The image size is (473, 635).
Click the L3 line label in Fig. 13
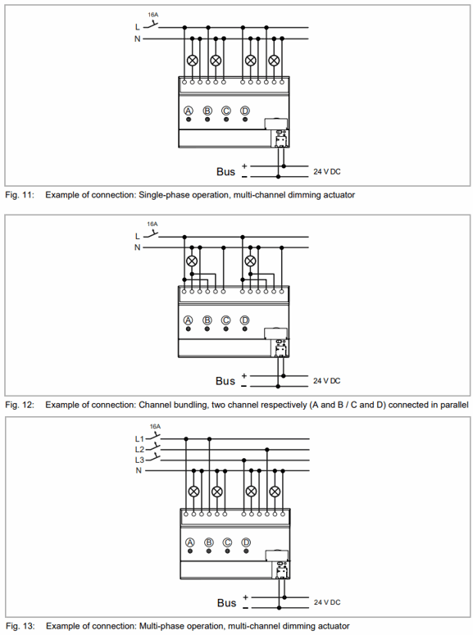click(x=139, y=460)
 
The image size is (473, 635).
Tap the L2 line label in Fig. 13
click(x=139, y=449)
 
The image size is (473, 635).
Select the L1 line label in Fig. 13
click(x=139, y=438)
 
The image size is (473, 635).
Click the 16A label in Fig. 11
click(x=152, y=15)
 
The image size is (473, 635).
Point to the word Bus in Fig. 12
click(x=225, y=381)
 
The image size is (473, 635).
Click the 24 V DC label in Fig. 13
click(x=327, y=602)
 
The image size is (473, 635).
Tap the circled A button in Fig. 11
click(x=189, y=111)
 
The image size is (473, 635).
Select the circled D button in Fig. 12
click(x=245, y=320)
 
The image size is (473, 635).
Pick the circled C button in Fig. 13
click(x=227, y=542)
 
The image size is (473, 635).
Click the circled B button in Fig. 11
click(x=207, y=111)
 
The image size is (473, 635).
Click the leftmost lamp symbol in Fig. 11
click(x=193, y=61)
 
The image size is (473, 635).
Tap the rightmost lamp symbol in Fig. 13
click(x=275, y=492)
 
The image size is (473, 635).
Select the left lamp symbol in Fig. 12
click(x=192, y=261)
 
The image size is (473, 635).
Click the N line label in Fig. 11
click(x=138, y=39)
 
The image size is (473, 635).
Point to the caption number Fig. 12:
click(x=20, y=405)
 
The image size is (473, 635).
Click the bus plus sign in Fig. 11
click(x=244, y=166)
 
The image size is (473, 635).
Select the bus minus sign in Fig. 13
click(x=245, y=608)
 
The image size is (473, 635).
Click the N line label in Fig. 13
click(x=139, y=470)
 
